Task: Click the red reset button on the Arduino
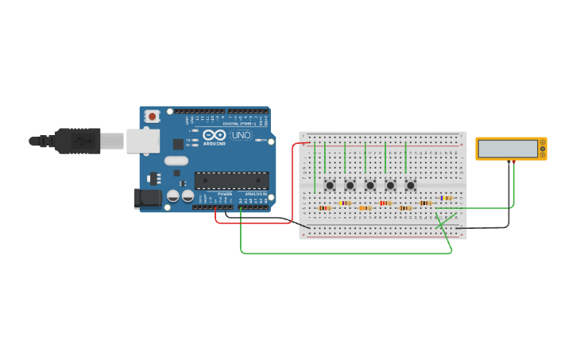(x=152, y=116)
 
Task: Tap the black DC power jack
(x=147, y=198)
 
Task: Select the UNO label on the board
(x=240, y=136)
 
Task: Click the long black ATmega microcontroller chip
(x=231, y=180)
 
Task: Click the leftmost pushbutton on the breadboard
(x=330, y=185)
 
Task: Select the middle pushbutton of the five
(x=370, y=185)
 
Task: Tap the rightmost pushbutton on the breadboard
(x=411, y=185)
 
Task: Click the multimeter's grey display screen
(x=507, y=149)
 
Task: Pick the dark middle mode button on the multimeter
(x=543, y=149)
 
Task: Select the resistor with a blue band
(x=446, y=198)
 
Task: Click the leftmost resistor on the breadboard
(x=324, y=208)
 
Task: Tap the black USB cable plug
(x=76, y=141)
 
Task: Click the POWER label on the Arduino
(x=225, y=194)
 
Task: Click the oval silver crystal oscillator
(x=176, y=161)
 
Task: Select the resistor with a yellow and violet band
(x=345, y=203)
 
